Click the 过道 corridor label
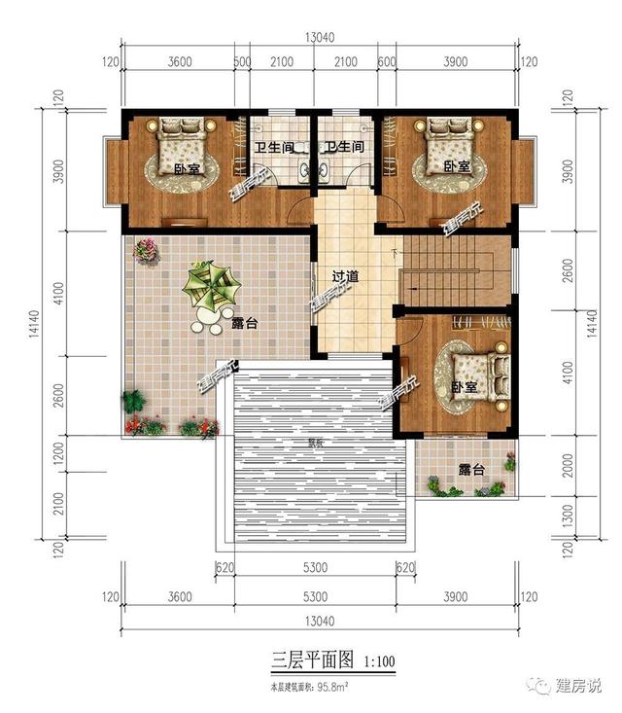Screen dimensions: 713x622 coord(345,277)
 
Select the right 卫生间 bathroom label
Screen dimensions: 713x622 coord(344,148)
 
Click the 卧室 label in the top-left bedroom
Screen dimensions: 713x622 coord(186,168)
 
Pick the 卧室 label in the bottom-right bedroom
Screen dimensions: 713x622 coord(465,387)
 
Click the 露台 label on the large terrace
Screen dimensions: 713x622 coord(244,324)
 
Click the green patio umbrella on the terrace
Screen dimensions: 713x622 coord(213,285)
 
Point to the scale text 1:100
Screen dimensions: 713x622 coord(379,662)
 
